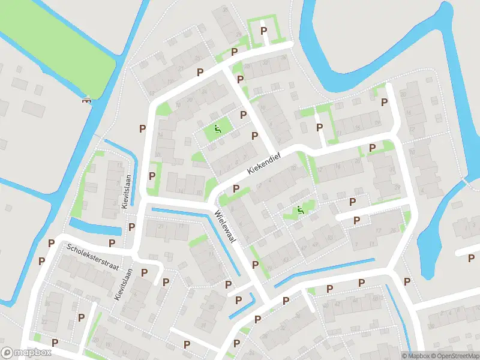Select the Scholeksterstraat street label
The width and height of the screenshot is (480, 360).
click(x=92, y=256)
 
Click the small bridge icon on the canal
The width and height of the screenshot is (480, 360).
click(x=86, y=100)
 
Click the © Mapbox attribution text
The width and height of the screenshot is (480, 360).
click(x=415, y=356)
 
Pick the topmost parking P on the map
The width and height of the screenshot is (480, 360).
click(x=263, y=31)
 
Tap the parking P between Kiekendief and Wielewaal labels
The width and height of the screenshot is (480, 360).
click(x=236, y=189)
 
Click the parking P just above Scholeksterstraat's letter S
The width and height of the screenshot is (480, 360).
click(x=51, y=243)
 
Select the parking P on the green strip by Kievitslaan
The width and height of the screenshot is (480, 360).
click(x=152, y=176)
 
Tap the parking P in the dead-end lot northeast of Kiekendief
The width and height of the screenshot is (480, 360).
click(x=319, y=127)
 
